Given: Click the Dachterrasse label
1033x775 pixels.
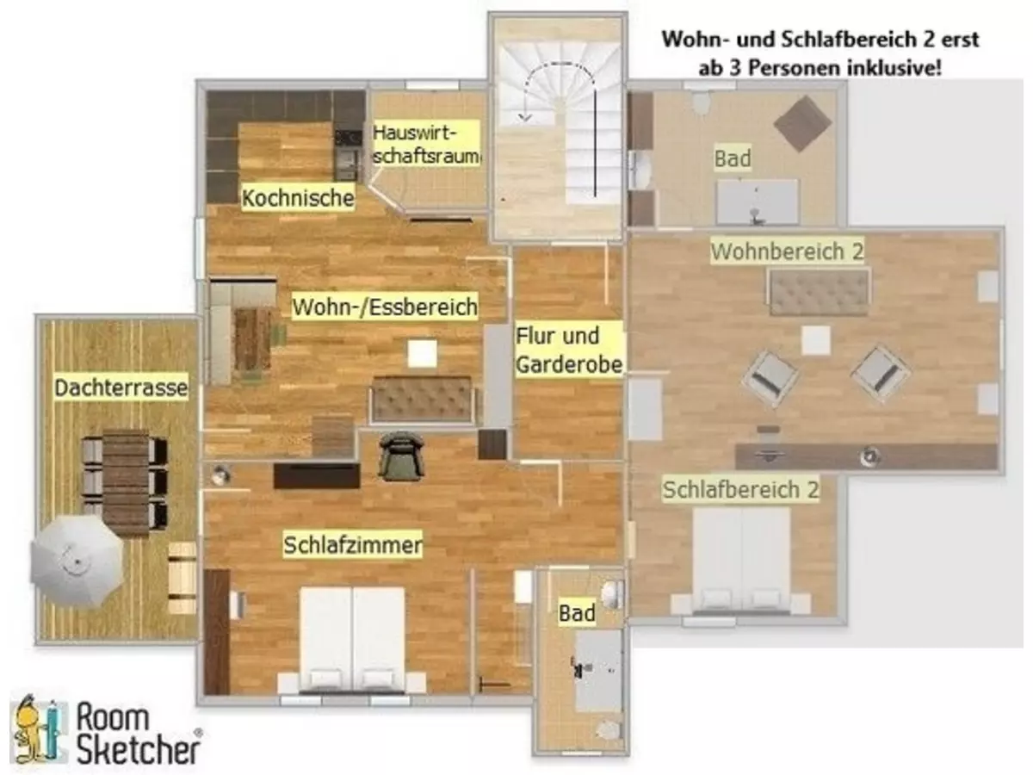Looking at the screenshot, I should (x=121, y=388).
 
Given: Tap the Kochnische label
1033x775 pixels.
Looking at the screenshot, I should (x=298, y=198).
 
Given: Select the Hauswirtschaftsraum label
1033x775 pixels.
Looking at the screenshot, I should (x=426, y=146).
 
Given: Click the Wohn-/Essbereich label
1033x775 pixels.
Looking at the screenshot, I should (x=385, y=307).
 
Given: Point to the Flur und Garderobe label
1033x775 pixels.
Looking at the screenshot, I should (x=568, y=350).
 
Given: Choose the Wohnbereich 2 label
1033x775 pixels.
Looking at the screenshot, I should (x=787, y=251).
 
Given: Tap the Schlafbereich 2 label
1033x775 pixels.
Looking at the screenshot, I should (x=740, y=490).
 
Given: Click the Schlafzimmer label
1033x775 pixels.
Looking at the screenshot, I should (x=353, y=545).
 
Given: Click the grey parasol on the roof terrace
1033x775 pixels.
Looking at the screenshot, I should (x=77, y=561).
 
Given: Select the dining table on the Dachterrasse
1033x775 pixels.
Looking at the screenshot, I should (x=126, y=480).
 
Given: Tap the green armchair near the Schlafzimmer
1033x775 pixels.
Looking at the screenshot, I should (x=401, y=454).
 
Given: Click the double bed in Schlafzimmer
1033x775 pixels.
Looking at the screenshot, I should (x=352, y=638).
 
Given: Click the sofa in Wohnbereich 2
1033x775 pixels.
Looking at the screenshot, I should (x=818, y=291).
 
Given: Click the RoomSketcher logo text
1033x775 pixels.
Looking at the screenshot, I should (x=138, y=733).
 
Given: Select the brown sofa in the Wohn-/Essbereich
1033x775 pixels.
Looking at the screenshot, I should (x=422, y=400).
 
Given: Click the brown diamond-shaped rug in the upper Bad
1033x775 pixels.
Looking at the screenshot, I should (x=802, y=123).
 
